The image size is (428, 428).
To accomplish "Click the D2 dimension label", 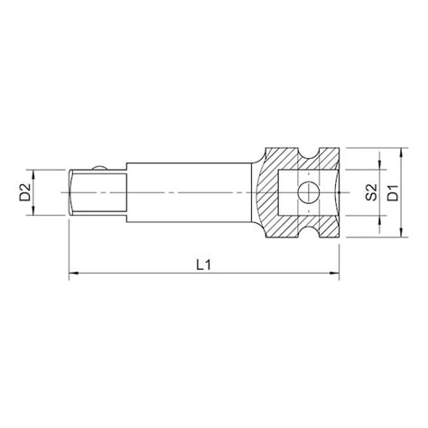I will [26, 191].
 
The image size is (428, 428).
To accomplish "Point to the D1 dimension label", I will [393, 191].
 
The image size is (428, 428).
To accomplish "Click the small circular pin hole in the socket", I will [306, 191].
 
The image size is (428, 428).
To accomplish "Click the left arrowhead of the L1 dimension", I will [73, 274].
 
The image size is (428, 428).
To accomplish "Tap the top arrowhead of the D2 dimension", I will [34, 172].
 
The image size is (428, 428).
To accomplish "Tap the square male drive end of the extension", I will [98, 191].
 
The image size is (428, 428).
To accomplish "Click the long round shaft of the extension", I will [190, 191].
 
